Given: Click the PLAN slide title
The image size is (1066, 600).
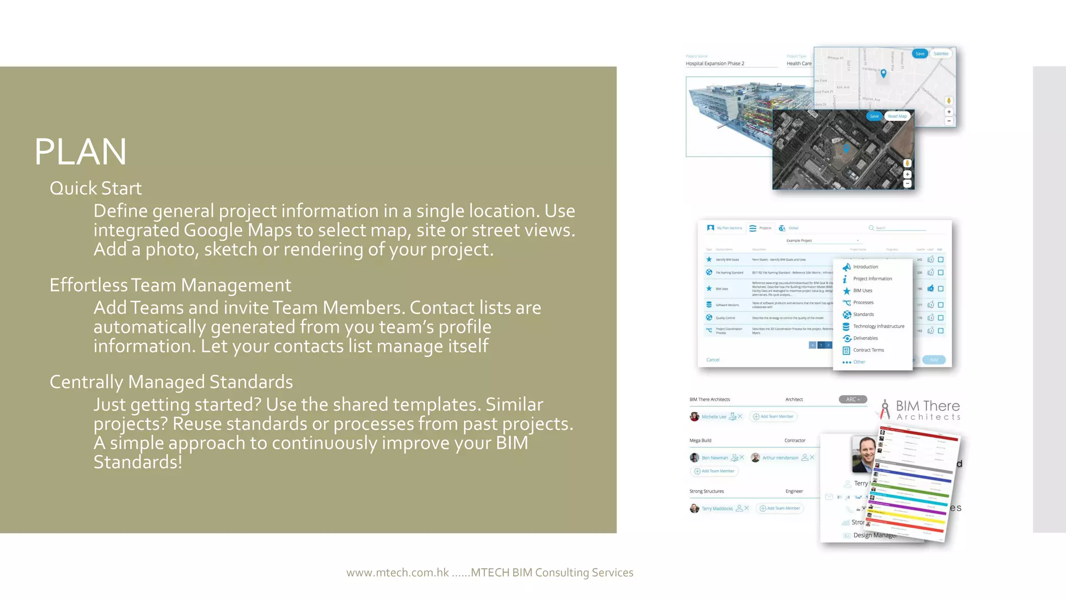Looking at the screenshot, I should [x=81, y=152].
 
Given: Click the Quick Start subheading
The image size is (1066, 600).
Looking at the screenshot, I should [x=96, y=188].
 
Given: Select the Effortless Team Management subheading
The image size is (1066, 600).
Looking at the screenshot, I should [x=170, y=285].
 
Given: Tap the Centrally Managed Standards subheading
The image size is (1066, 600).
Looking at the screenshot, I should [x=171, y=382].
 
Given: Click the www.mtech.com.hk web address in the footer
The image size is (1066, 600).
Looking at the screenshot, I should [x=398, y=572].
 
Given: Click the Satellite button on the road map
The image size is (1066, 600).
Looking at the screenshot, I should [x=941, y=54].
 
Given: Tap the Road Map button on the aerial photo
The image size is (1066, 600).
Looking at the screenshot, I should [x=897, y=116].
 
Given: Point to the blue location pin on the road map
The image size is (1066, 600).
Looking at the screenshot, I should [x=883, y=73].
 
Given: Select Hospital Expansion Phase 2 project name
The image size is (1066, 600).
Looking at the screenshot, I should [x=715, y=64].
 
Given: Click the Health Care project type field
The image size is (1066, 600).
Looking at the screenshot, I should [x=799, y=64].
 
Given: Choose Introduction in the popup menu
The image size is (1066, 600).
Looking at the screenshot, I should [x=866, y=267].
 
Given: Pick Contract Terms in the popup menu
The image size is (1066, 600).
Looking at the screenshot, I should [x=868, y=350].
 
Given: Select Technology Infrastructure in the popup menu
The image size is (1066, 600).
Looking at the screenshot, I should [x=879, y=326].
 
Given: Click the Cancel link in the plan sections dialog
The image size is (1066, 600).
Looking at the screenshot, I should [x=713, y=360].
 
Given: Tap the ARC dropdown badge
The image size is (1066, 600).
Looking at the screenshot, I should [x=853, y=399].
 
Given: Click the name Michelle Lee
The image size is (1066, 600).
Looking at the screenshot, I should [x=713, y=417].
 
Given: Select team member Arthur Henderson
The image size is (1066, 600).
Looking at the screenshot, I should [x=780, y=458].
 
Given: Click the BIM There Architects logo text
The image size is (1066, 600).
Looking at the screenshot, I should [x=927, y=410].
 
